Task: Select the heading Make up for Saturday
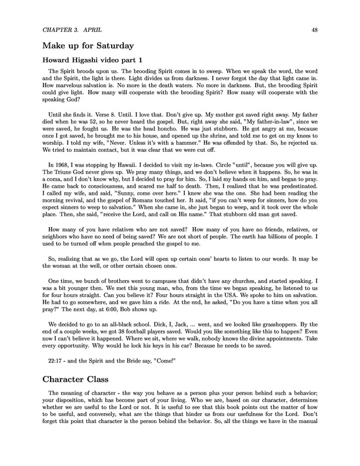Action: pos(89,45)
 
